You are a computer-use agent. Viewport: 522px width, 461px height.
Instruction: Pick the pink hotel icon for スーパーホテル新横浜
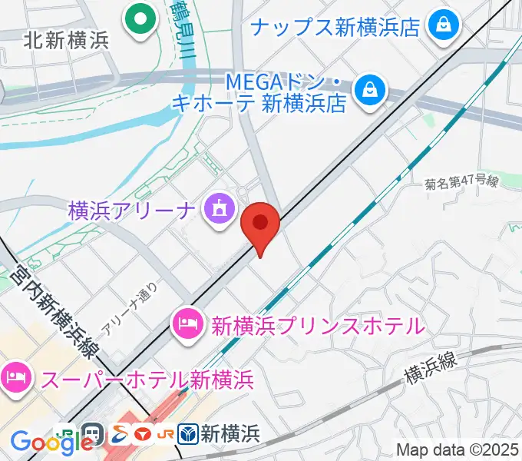click(x=14, y=378)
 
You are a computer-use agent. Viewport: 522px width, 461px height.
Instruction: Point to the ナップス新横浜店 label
click(x=335, y=28)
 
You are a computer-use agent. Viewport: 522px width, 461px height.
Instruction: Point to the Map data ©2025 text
click(x=458, y=449)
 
